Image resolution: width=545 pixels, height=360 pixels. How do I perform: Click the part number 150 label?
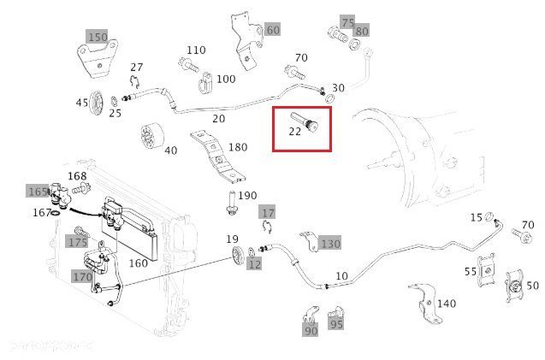98,37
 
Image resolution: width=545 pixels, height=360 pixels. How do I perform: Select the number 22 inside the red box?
294,132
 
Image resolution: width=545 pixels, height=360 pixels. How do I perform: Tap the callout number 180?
237,147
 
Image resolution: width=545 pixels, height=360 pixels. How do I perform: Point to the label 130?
329,244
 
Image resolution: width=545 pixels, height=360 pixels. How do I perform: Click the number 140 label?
447,304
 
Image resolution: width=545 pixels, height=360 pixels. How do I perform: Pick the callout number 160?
138,263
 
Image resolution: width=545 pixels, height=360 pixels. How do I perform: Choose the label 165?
39,191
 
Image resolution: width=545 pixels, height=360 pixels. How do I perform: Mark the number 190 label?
246,196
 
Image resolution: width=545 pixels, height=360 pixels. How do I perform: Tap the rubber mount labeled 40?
151,136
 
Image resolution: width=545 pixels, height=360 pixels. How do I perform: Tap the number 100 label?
225,79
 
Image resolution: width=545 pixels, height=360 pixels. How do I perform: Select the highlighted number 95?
336,324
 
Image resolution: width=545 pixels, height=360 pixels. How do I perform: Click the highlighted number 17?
268,212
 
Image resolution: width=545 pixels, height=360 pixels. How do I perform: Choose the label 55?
470,271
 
